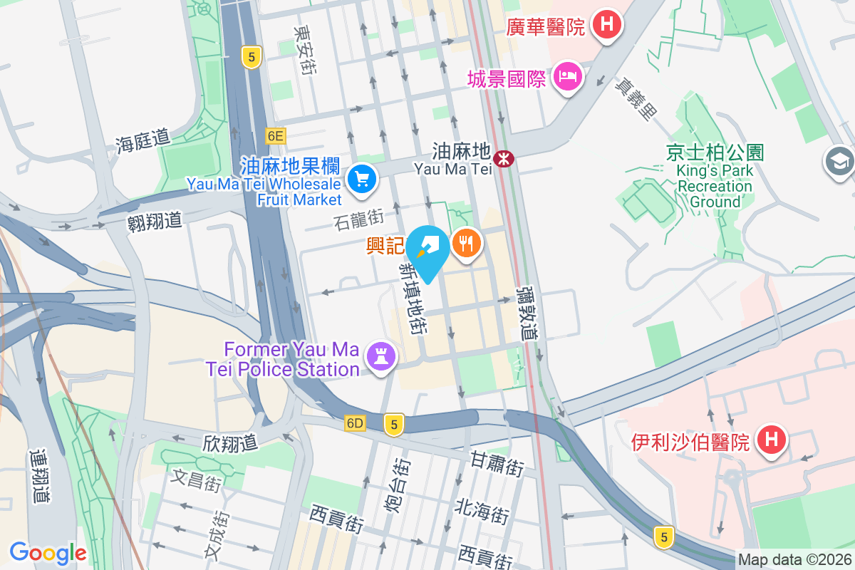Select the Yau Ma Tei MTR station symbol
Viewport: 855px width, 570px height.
pyautogui.click(x=504, y=158)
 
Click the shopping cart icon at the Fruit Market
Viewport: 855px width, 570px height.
pyautogui.click(x=363, y=178)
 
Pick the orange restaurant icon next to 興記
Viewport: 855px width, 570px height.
pyautogui.click(x=466, y=244)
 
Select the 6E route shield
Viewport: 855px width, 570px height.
pyautogui.click(x=275, y=135)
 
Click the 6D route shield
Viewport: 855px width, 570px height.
pyautogui.click(x=355, y=423)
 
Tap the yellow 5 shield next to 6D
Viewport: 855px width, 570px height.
pyautogui.click(x=393, y=424)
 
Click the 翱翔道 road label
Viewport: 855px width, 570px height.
pyautogui.click(x=155, y=221)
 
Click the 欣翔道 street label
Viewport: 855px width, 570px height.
pyautogui.click(x=230, y=443)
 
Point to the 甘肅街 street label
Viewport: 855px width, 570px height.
pyautogui.click(x=497, y=465)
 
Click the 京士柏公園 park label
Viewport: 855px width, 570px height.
pyautogui.click(x=715, y=152)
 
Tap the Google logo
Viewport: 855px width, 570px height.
pyautogui.click(x=48, y=552)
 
